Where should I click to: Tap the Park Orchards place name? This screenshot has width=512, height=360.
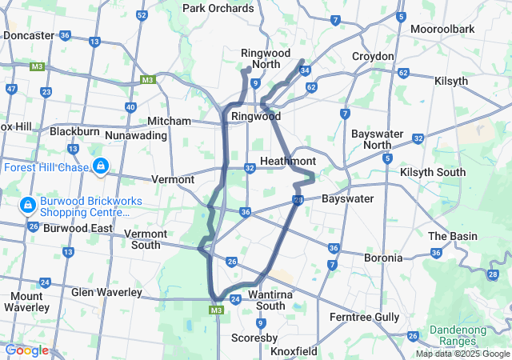coord(218,8)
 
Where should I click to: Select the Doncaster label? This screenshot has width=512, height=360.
coord(28,36)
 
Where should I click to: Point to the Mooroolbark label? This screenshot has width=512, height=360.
coord(442,29)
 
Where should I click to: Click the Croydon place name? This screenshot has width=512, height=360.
coord(373,57)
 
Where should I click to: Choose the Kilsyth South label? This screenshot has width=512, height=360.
coord(432,173)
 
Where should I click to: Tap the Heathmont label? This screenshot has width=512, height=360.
coord(287,162)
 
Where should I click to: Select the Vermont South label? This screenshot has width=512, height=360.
coord(145,239)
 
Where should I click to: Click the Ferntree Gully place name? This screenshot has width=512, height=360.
coord(364,318)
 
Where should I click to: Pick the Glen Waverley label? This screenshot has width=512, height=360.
coord(106,293)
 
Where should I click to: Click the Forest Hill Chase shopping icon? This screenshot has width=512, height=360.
coord(100,166)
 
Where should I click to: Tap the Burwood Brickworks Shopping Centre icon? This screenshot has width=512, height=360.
coord(27,206)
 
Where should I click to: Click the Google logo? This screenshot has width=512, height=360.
coord(26,350)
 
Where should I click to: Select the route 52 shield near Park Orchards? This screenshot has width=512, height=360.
coord(142,15)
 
